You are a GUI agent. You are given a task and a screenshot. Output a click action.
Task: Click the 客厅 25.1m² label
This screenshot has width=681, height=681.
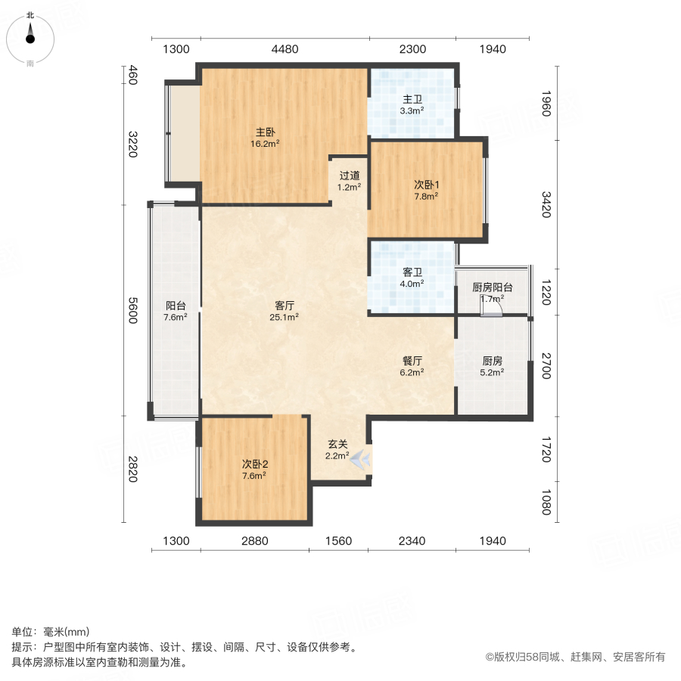(285, 311)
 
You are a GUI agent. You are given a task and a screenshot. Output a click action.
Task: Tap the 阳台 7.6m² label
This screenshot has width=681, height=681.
(176, 311)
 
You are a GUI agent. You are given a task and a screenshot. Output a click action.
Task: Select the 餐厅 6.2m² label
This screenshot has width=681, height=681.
(412, 366)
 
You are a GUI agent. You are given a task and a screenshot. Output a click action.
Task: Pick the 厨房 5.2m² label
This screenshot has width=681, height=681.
(492, 366)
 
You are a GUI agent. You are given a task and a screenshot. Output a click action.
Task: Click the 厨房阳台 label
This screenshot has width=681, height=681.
(493, 288)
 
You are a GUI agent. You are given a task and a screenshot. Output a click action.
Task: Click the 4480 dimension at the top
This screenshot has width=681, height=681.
(285, 49)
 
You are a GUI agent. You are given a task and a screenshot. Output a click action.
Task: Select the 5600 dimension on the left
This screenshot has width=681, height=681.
(132, 310)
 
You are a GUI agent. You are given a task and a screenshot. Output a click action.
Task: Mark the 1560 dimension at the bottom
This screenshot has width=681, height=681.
(338, 540)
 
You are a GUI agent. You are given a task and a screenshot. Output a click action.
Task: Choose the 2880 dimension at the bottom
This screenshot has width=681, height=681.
(255, 540)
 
